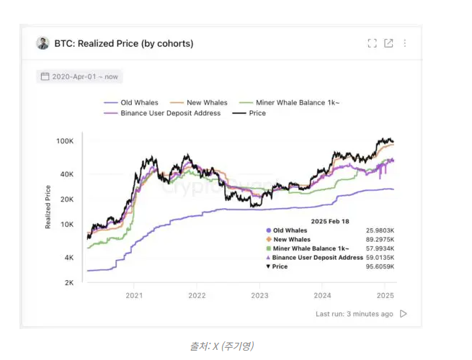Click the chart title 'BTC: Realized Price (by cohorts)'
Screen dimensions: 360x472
[124, 43]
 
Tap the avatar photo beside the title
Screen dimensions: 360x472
[43, 43]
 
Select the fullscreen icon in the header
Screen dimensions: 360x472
[373, 43]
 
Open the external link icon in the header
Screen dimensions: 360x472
[389, 43]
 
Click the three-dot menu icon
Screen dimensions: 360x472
[405, 43]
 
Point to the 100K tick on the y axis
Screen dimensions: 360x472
[65, 141]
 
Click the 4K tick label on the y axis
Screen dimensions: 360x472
[68, 258]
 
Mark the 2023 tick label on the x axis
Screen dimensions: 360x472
[259, 295]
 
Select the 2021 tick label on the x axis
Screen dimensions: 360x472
[134, 295]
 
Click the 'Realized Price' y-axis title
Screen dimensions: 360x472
[48, 207]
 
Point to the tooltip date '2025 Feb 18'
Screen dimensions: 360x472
[330, 220]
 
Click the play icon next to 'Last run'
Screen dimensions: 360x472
[404, 314]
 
